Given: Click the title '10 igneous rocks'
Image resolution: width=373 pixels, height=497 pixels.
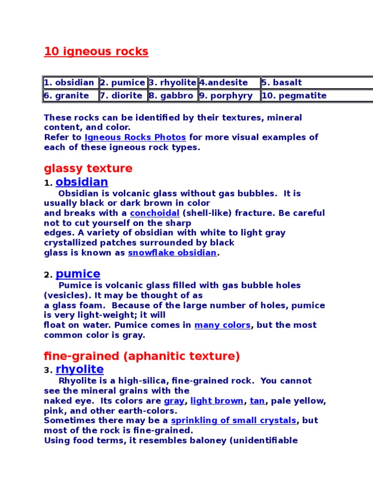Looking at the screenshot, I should [x=96, y=51].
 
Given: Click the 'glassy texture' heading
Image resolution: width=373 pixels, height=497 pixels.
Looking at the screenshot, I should [x=88, y=169].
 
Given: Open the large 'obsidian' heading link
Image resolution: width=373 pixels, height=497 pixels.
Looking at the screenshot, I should [x=82, y=182].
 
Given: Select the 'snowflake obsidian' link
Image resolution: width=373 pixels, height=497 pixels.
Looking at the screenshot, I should [x=172, y=253].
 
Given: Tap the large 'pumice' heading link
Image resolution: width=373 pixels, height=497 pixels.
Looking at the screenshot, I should [x=78, y=274].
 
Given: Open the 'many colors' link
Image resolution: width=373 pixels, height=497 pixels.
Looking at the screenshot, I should [x=222, y=325].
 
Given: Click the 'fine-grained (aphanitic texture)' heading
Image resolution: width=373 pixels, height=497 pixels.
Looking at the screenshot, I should [x=142, y=357].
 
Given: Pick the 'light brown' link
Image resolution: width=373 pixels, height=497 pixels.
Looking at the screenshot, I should [x=217, y=401].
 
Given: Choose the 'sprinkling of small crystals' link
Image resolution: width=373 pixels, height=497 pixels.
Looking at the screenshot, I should [x=233, y=420].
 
